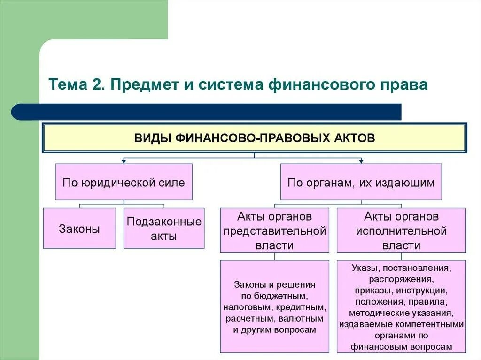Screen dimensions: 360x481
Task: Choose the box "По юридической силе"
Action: pyautogui.click(x=124, y=182)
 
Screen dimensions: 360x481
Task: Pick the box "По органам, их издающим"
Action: pyautogui.click(x=361, y=182)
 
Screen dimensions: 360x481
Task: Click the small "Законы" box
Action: pyautogui.click(x=79, y=229)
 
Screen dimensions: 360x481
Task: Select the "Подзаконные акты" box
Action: pyautogui.click(x=164, y=229)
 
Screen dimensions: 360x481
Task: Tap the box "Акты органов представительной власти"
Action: pyautogui.click(x=274, y=231)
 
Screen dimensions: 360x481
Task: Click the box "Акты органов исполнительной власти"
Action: pyautogui.click(x=401, y=231)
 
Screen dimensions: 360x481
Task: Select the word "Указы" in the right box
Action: pyautogui.click(x=365, y=268)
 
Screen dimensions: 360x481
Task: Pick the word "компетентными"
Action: pyautogui.click(x=430, y=324)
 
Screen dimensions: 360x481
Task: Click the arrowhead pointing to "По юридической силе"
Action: pyautogui.click(x=124, y=161)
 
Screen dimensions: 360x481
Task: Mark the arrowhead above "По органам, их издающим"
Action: pyautogui.click(x=361, y=161)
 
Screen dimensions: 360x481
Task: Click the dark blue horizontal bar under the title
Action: pyautogui.click(x=207, y=112)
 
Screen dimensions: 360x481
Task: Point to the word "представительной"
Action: pyautogui.click(x=274, y=231)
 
